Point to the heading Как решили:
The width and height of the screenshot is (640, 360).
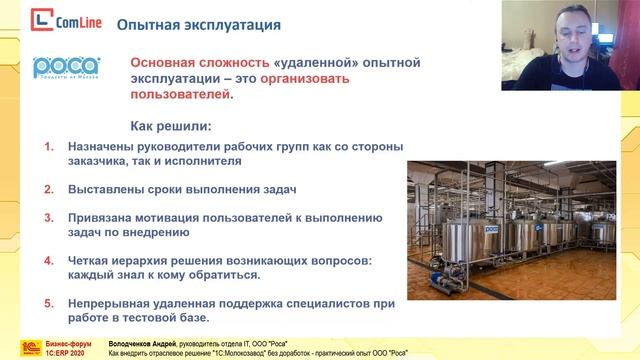click(x=172, y=127)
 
